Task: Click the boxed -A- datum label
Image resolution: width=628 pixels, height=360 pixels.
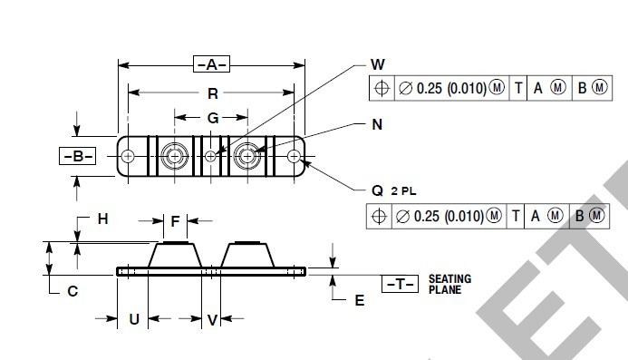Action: coord(211,64)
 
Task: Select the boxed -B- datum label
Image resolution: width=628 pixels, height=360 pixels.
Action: coord(78,156)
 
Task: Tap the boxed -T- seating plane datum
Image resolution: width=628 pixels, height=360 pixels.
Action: coord(401,284)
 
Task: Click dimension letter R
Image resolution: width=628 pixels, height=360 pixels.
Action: coord(213,93)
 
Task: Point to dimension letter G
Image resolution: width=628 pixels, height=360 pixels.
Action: coord(213,118)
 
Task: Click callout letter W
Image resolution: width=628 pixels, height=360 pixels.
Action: coord(378,64)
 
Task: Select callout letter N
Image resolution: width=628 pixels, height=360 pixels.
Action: coord(377,124)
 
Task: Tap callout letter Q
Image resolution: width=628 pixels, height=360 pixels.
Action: coord(377,190)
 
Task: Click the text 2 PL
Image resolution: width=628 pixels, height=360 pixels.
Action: coord(404,191)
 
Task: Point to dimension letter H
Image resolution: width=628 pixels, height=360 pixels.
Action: coord(103,219)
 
